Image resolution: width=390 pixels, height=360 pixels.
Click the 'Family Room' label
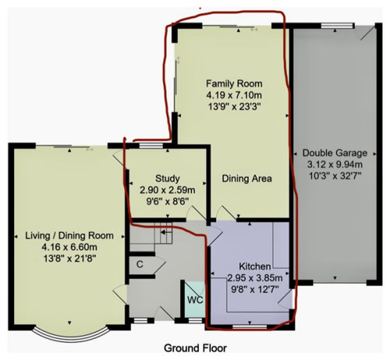coord(234,84)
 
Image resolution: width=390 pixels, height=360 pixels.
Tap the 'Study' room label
coord(168,178)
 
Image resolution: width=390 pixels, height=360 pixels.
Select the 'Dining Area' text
coord(246,179)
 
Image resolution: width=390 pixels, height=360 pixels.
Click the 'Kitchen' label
coord(246,266)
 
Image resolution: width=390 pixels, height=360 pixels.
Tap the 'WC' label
coord(193,299)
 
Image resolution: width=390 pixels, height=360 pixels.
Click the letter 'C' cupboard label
coord(139,264)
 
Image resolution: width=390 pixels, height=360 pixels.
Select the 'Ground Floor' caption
coord(195,347)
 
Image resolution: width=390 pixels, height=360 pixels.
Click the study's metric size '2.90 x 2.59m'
coord(168,191)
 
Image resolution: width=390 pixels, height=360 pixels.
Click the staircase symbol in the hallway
coord(165,230)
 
